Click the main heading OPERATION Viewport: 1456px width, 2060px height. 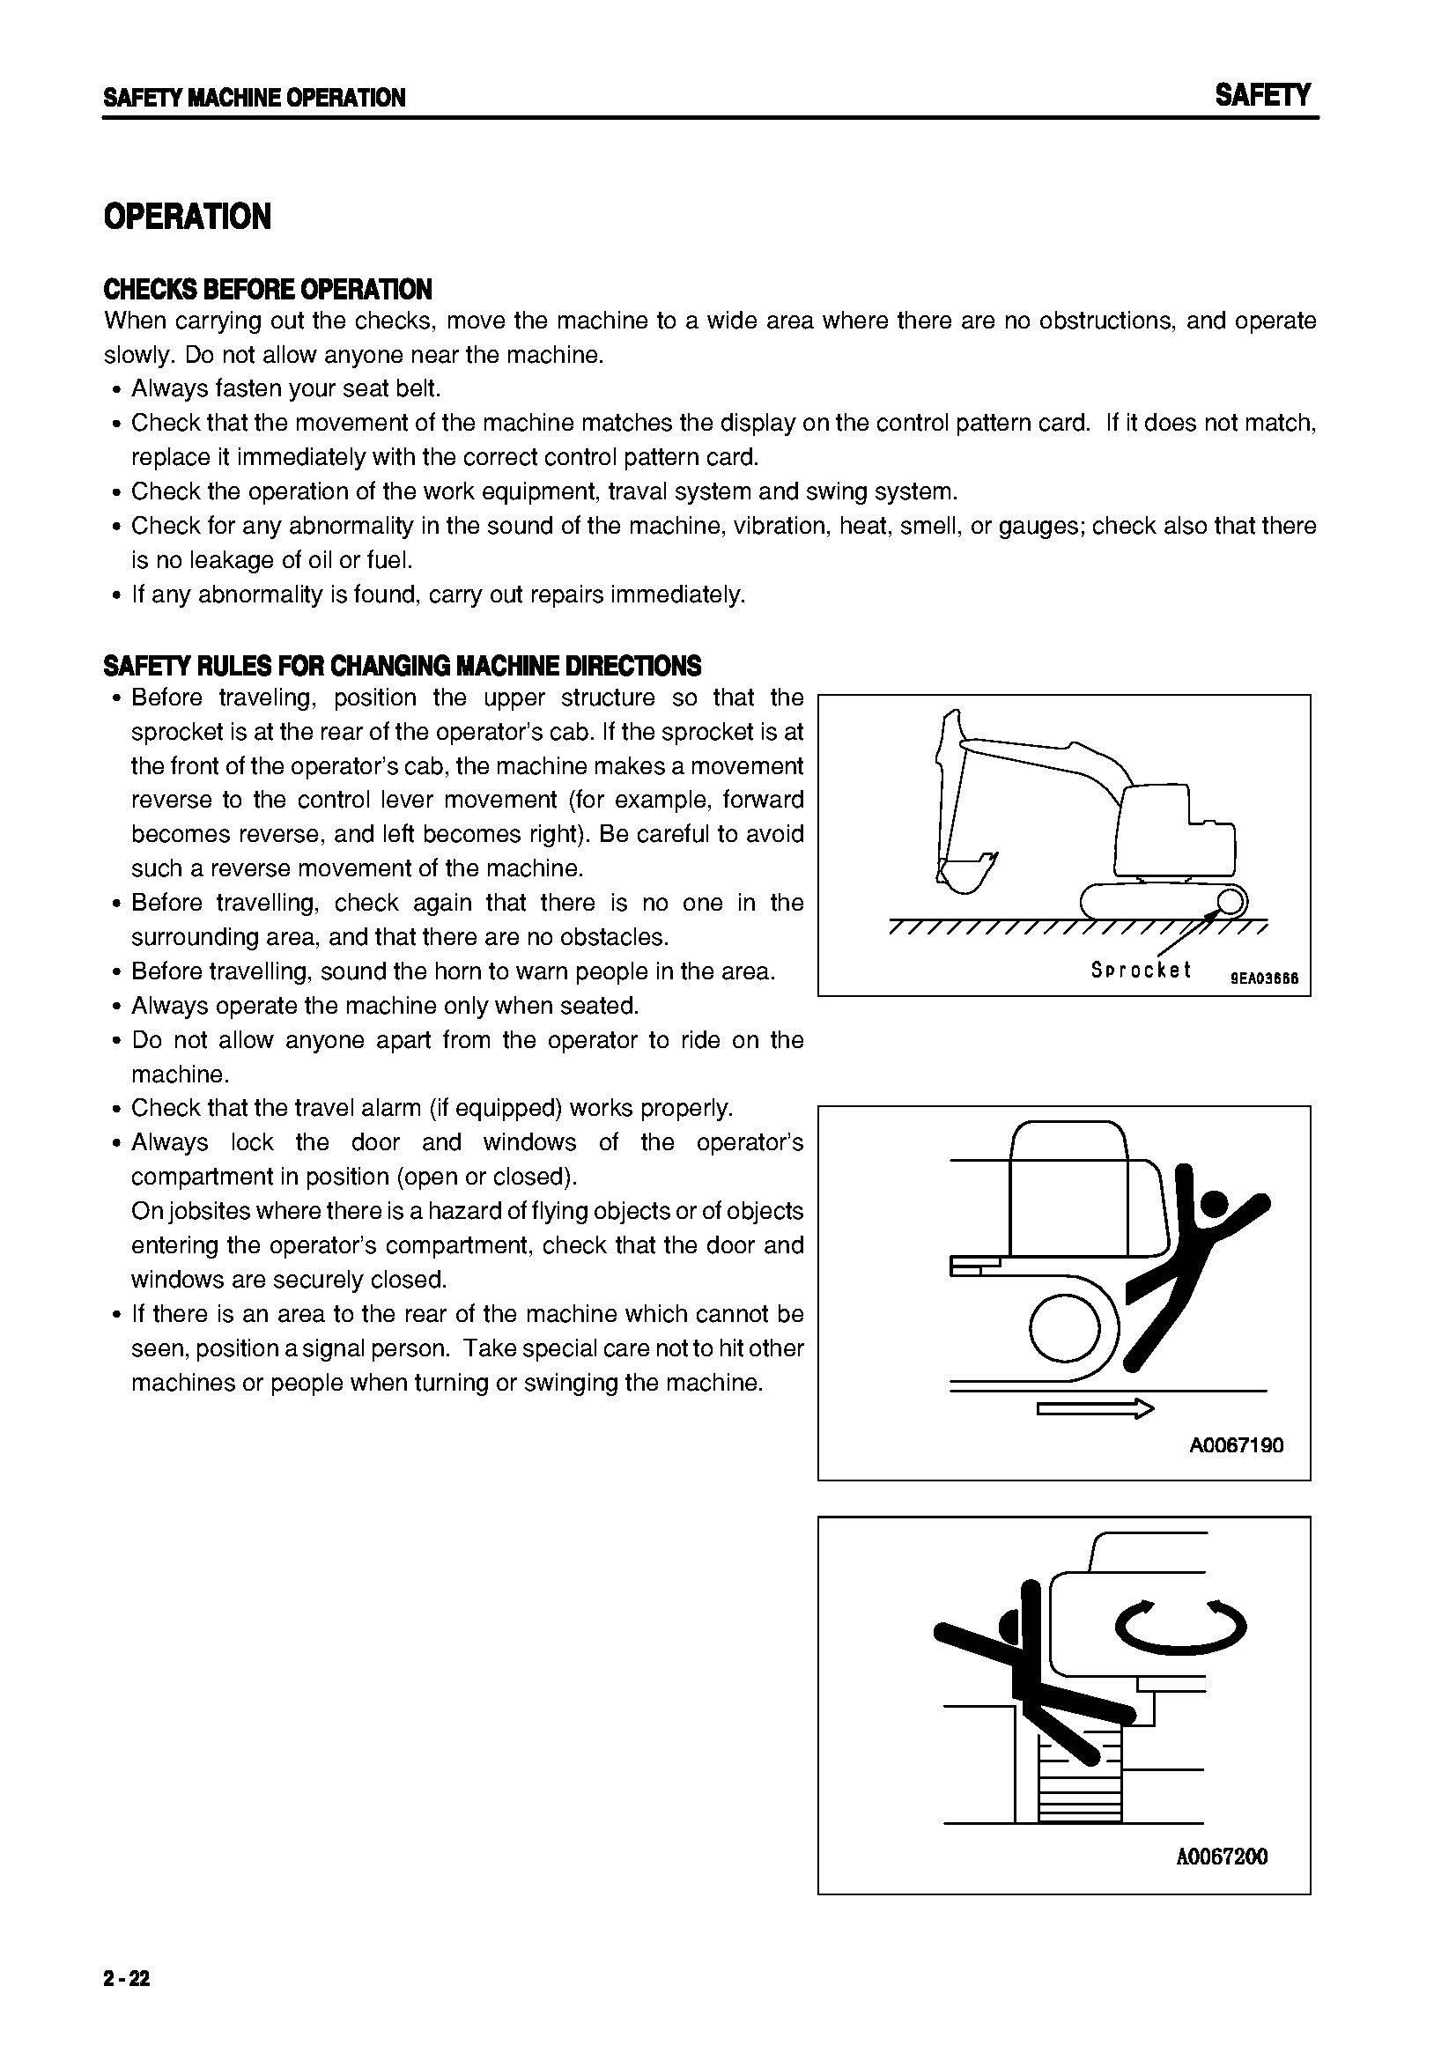pyautogui.click(x=187, y=218)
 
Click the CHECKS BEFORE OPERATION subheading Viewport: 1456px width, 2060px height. pyautogui.click(x=268, y=289)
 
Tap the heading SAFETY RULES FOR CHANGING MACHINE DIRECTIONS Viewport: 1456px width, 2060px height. pyautogui.click(x=402, y=666)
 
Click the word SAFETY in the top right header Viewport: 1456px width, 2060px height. pyautogui.click(x=1262, y=95)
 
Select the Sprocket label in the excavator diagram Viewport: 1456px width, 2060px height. pyautogui.click(x=1140, y=970)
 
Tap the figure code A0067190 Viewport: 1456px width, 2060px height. pyautogui.click(x=1236, y=1445)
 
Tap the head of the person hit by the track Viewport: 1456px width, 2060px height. pyautogui.click(x=1214, y=1204)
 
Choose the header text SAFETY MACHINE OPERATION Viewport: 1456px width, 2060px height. pyautogui.click(x=254, y=98)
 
